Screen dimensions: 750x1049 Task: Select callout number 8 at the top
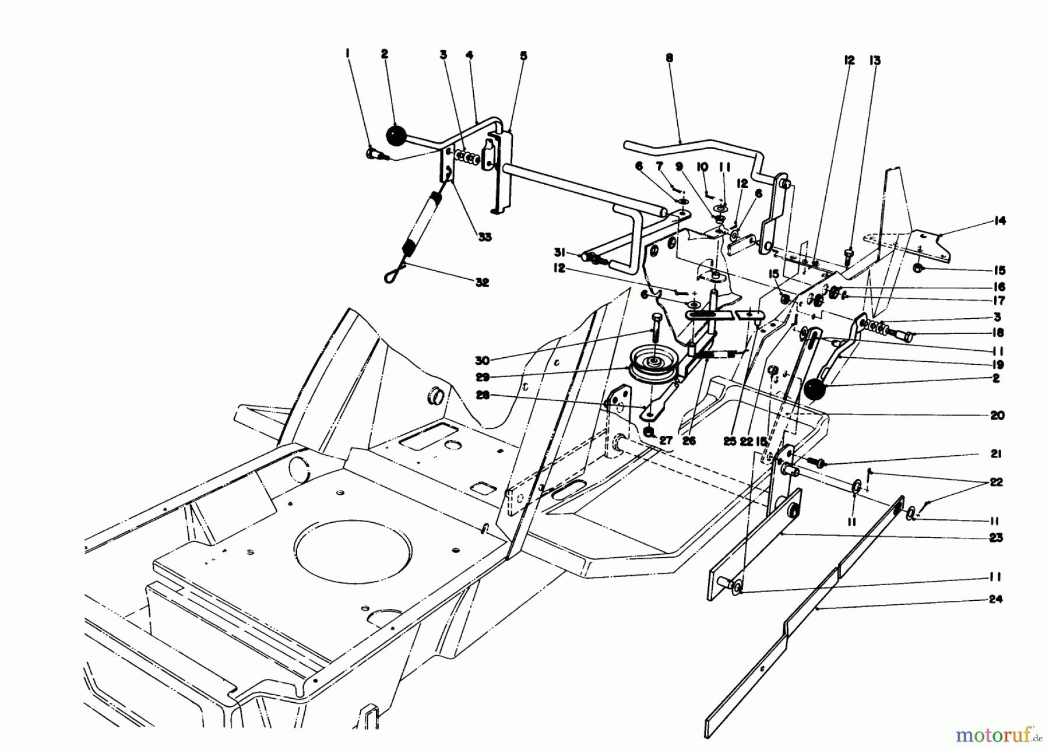[669, 58]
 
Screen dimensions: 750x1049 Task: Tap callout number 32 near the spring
[481, 283]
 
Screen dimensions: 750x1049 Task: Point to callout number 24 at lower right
[996, 599]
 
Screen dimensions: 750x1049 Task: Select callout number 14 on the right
[1000, 221]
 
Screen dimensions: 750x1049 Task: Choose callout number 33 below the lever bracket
[483, 237]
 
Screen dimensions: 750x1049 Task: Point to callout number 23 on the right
[996, 537]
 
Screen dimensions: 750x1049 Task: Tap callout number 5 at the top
[523, 56]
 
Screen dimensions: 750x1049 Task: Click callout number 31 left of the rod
[560, 252]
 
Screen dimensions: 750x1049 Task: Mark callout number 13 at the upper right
[875, 61]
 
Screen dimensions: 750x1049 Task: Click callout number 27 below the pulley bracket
[666, 441]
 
